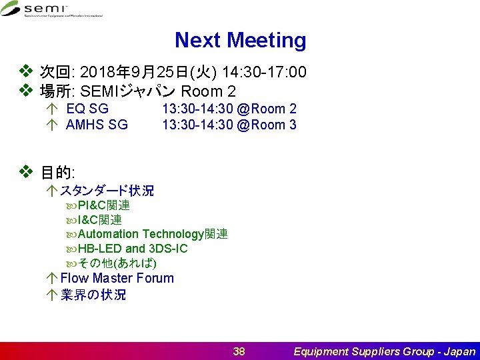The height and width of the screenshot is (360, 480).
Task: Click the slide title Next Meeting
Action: [240, 41]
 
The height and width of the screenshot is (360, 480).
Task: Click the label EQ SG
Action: [87, 109]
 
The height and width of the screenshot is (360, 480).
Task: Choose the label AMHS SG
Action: [97, 125]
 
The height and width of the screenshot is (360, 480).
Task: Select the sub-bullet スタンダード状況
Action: [107, 191]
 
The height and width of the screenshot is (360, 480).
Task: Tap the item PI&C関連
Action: [103, 205]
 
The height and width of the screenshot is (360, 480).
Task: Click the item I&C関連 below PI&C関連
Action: [99, 220]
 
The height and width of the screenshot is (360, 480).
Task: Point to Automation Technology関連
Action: [153, 234]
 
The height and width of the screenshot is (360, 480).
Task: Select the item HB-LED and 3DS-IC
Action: [133, 249]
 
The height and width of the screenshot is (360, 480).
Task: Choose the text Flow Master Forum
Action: [117, 278]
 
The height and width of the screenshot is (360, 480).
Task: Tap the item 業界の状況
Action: [93, 295]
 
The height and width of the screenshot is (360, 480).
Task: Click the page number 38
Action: [239, 351]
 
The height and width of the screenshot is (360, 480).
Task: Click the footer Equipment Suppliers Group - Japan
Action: [385, 351]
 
